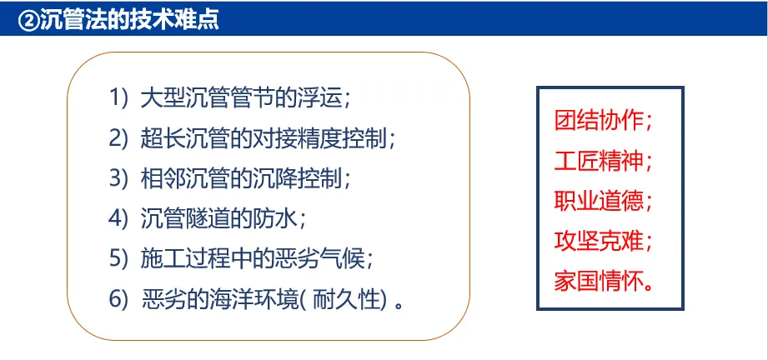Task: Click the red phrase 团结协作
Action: click(x=599, y=119)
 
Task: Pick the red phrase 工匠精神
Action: click(x=599, y=160)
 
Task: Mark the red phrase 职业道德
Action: click(x=599, y=200)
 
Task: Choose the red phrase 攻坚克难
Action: click(x=599, y=241)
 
